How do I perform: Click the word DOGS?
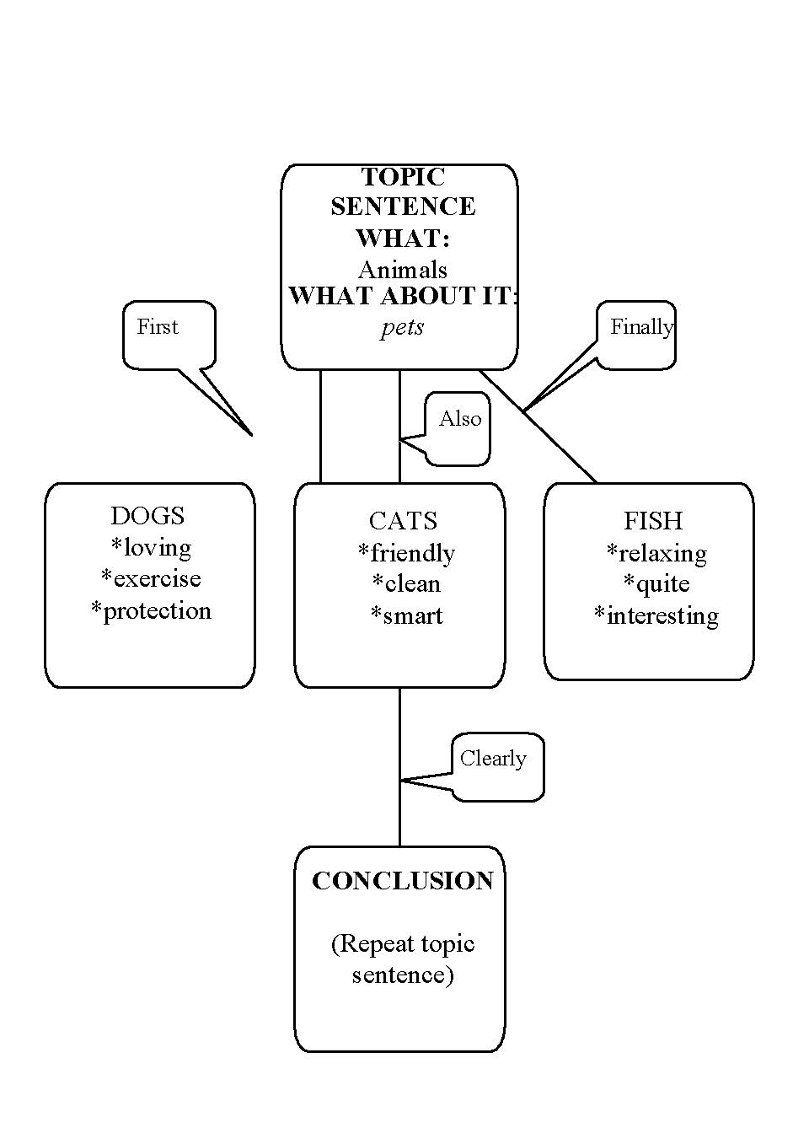pyautogui.click(x=147, y=516)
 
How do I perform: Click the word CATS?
pyautogui.click(x=403, y=521)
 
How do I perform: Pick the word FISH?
pyautogui.click(x=652, y=521)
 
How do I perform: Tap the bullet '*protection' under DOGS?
pyautogui.click(x=152, y=611)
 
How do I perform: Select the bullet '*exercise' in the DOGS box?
pyautogui.click(x=152, y=579)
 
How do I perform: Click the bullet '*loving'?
pyautogui.click(x=152, y=548)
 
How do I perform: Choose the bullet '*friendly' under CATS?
pyautogui.click(x=406, y=553)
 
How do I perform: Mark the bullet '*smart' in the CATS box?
pyautogui.click(x=406, y=616)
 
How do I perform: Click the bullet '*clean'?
pyautogui.click(x=406, y=584)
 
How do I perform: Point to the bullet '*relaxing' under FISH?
pyautogui.click(x=656, y=553)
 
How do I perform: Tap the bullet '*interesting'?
pyautogui.click(x=656, y=616)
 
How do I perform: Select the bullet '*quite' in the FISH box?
pyautogui.click(x=656, y=584)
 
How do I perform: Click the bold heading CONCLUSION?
pyautogui.click(x=403, y=881)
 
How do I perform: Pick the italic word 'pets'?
pyautogui.click(x=402, y=327)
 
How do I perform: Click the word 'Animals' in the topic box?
pyautogui.click(x=403, y=270)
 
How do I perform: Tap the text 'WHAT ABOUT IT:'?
pyautogui.click(x=403, y=296)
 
